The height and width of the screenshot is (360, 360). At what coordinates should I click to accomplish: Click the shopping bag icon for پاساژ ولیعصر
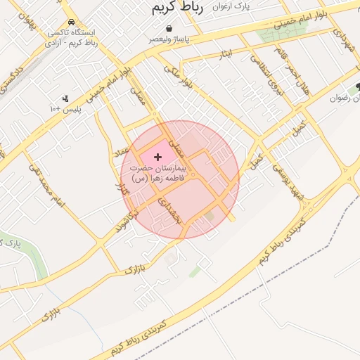point(169,29)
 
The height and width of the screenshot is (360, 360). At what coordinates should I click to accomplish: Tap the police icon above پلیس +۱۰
point(65,98)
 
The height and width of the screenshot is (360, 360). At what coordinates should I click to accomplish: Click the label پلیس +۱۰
point(65,110)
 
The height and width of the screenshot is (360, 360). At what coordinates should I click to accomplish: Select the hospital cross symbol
point(157,156)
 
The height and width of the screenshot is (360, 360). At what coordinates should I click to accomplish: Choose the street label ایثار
point(225,53)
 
